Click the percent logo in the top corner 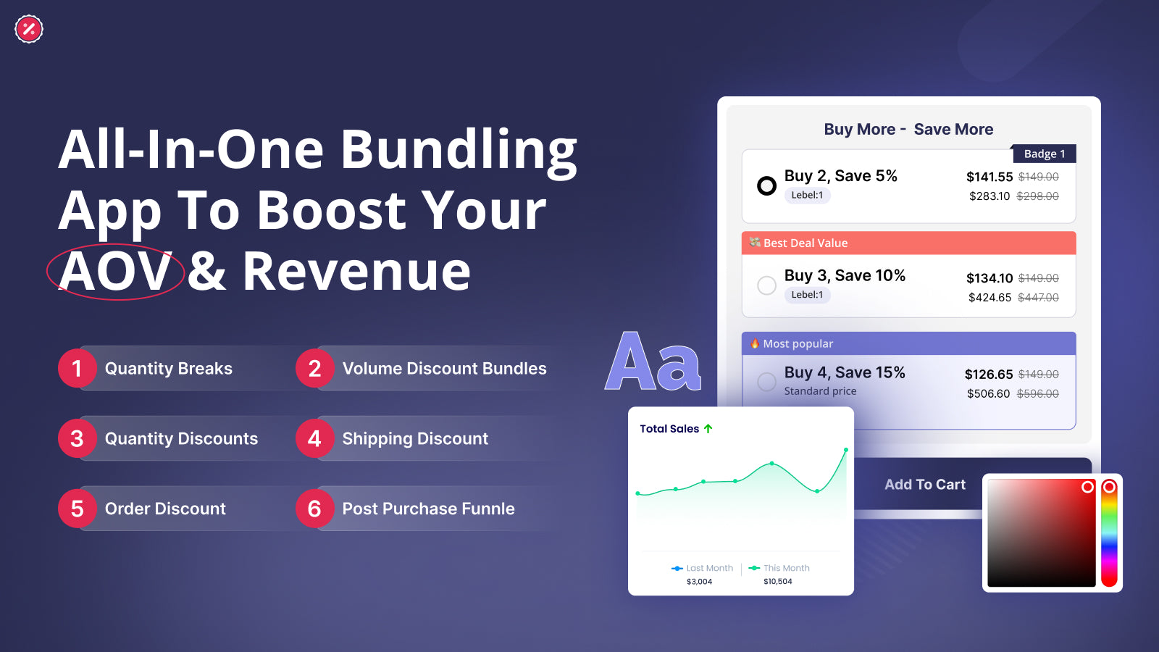tap(29, 29)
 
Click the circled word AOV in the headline tap(115, 272)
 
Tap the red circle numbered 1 tap(77, 369)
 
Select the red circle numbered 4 tap(314, 439)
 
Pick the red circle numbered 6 tap(314, 509)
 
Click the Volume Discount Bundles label tap(445, 369)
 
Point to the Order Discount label tap(165, 509)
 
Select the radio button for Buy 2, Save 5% tap(767, 185)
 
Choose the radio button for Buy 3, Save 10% tap(767, 285)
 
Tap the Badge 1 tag tap(1044, 154)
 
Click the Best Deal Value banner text tap(806, 243)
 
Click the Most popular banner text tap(798, 343)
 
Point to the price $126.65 tap(989, 374)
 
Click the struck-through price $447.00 tap(1038, 298)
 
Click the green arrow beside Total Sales tap(708, 428)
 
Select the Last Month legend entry tap(702, 568)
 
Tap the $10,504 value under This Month tap(778, 582)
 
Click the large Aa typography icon tap(653, 362)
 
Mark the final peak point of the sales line tap(846, 450)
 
